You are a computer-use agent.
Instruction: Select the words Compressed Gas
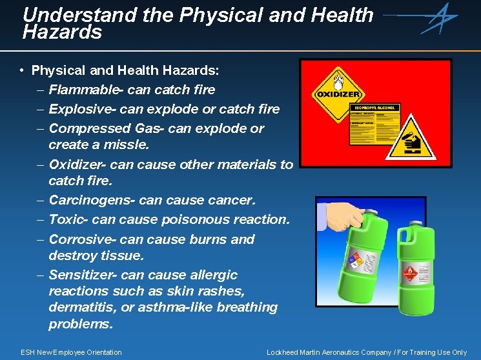pos(105,128)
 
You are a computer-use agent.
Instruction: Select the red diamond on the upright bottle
pos(409,273)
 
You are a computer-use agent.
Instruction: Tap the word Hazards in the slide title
pos(62,32)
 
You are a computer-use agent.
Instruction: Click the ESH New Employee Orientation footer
pos(71,352)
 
